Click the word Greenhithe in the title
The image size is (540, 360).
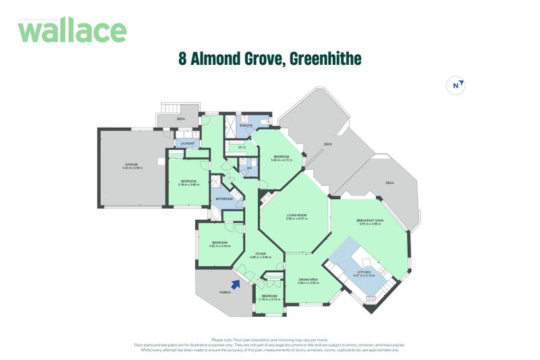click(326, 59)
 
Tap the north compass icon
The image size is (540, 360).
click(458, 86)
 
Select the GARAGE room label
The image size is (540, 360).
click(132, 164)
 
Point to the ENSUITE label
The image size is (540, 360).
click(246, 126)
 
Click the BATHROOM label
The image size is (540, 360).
click(224, 199)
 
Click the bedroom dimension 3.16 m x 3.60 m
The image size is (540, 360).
click(188, 184)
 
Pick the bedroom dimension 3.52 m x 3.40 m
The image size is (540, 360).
click(220, 246)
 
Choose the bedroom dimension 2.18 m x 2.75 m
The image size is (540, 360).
click(269, 299)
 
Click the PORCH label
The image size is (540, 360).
click(225, 292)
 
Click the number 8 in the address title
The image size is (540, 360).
click(182, 59)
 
